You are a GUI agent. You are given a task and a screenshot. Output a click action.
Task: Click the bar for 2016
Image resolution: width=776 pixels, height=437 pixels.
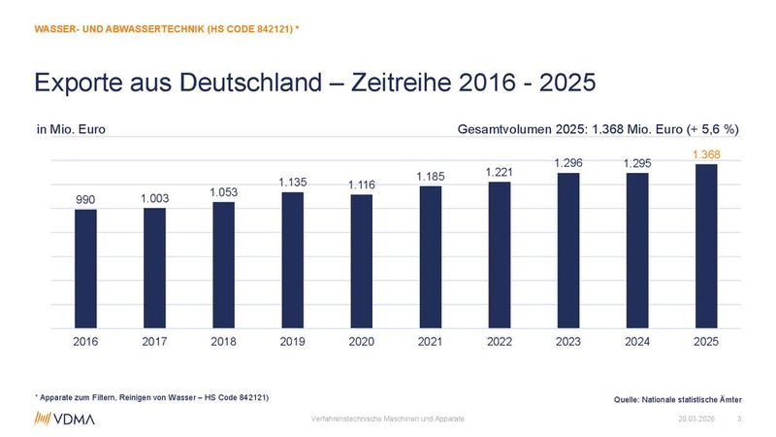click(x=85, y=269)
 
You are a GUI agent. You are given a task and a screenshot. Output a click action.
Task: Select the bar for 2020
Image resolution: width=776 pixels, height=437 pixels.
click(x=362, y=262)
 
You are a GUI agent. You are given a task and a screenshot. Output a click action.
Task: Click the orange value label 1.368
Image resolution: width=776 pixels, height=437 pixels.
click(x=706, y=153)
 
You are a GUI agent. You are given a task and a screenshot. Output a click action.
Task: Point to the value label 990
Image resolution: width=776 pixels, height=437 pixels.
click(x=85, y=200)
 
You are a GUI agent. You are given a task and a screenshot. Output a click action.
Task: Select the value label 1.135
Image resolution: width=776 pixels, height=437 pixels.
click(x=293, y=182)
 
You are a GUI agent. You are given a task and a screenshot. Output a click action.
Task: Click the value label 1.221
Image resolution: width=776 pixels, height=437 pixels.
click(x=500, y=172)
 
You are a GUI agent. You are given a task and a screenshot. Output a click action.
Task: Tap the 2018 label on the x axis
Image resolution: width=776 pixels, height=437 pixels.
click(x=223, y=342)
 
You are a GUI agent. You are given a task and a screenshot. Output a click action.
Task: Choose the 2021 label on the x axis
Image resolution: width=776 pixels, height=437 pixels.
click(x=431, y=342)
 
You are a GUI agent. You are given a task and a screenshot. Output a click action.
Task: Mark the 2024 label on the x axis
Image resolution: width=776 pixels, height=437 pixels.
click(x=637, y=342)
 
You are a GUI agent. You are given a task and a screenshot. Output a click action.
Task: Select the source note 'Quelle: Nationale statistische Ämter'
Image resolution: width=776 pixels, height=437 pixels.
click(x=678, y=400)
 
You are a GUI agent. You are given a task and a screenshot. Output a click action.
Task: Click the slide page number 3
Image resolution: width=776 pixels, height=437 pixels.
click(x=740, y=418)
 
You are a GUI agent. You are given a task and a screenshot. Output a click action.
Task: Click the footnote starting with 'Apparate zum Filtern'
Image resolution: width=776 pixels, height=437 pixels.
click(x=151, y=398)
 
